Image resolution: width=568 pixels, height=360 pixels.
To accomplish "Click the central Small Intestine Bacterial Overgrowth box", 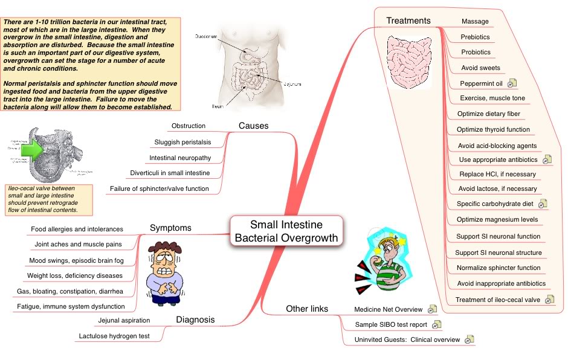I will tap(286, 231).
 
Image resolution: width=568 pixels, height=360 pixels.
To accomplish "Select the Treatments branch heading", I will tap(408, 21).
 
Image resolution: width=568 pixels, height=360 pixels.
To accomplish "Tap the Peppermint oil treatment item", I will tap(481, 83).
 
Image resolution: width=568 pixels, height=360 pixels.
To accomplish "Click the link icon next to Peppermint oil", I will tap(511, 83).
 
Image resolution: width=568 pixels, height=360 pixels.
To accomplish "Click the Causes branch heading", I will tap(253, 126).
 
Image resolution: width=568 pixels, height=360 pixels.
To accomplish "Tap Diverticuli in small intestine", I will tap(170, 173).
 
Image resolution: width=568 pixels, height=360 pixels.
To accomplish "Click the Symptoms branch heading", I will tap(170, 228).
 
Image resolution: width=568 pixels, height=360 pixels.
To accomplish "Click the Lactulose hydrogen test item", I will tap(114, 335).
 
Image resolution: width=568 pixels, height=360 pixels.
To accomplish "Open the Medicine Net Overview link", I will tap(388, 309).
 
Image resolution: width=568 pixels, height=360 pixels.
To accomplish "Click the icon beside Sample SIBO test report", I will tap(436, 325).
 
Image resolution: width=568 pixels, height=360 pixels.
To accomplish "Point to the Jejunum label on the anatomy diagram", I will tap(292, 85).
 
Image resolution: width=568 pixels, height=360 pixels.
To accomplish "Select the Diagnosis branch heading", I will tap(195, 320).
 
